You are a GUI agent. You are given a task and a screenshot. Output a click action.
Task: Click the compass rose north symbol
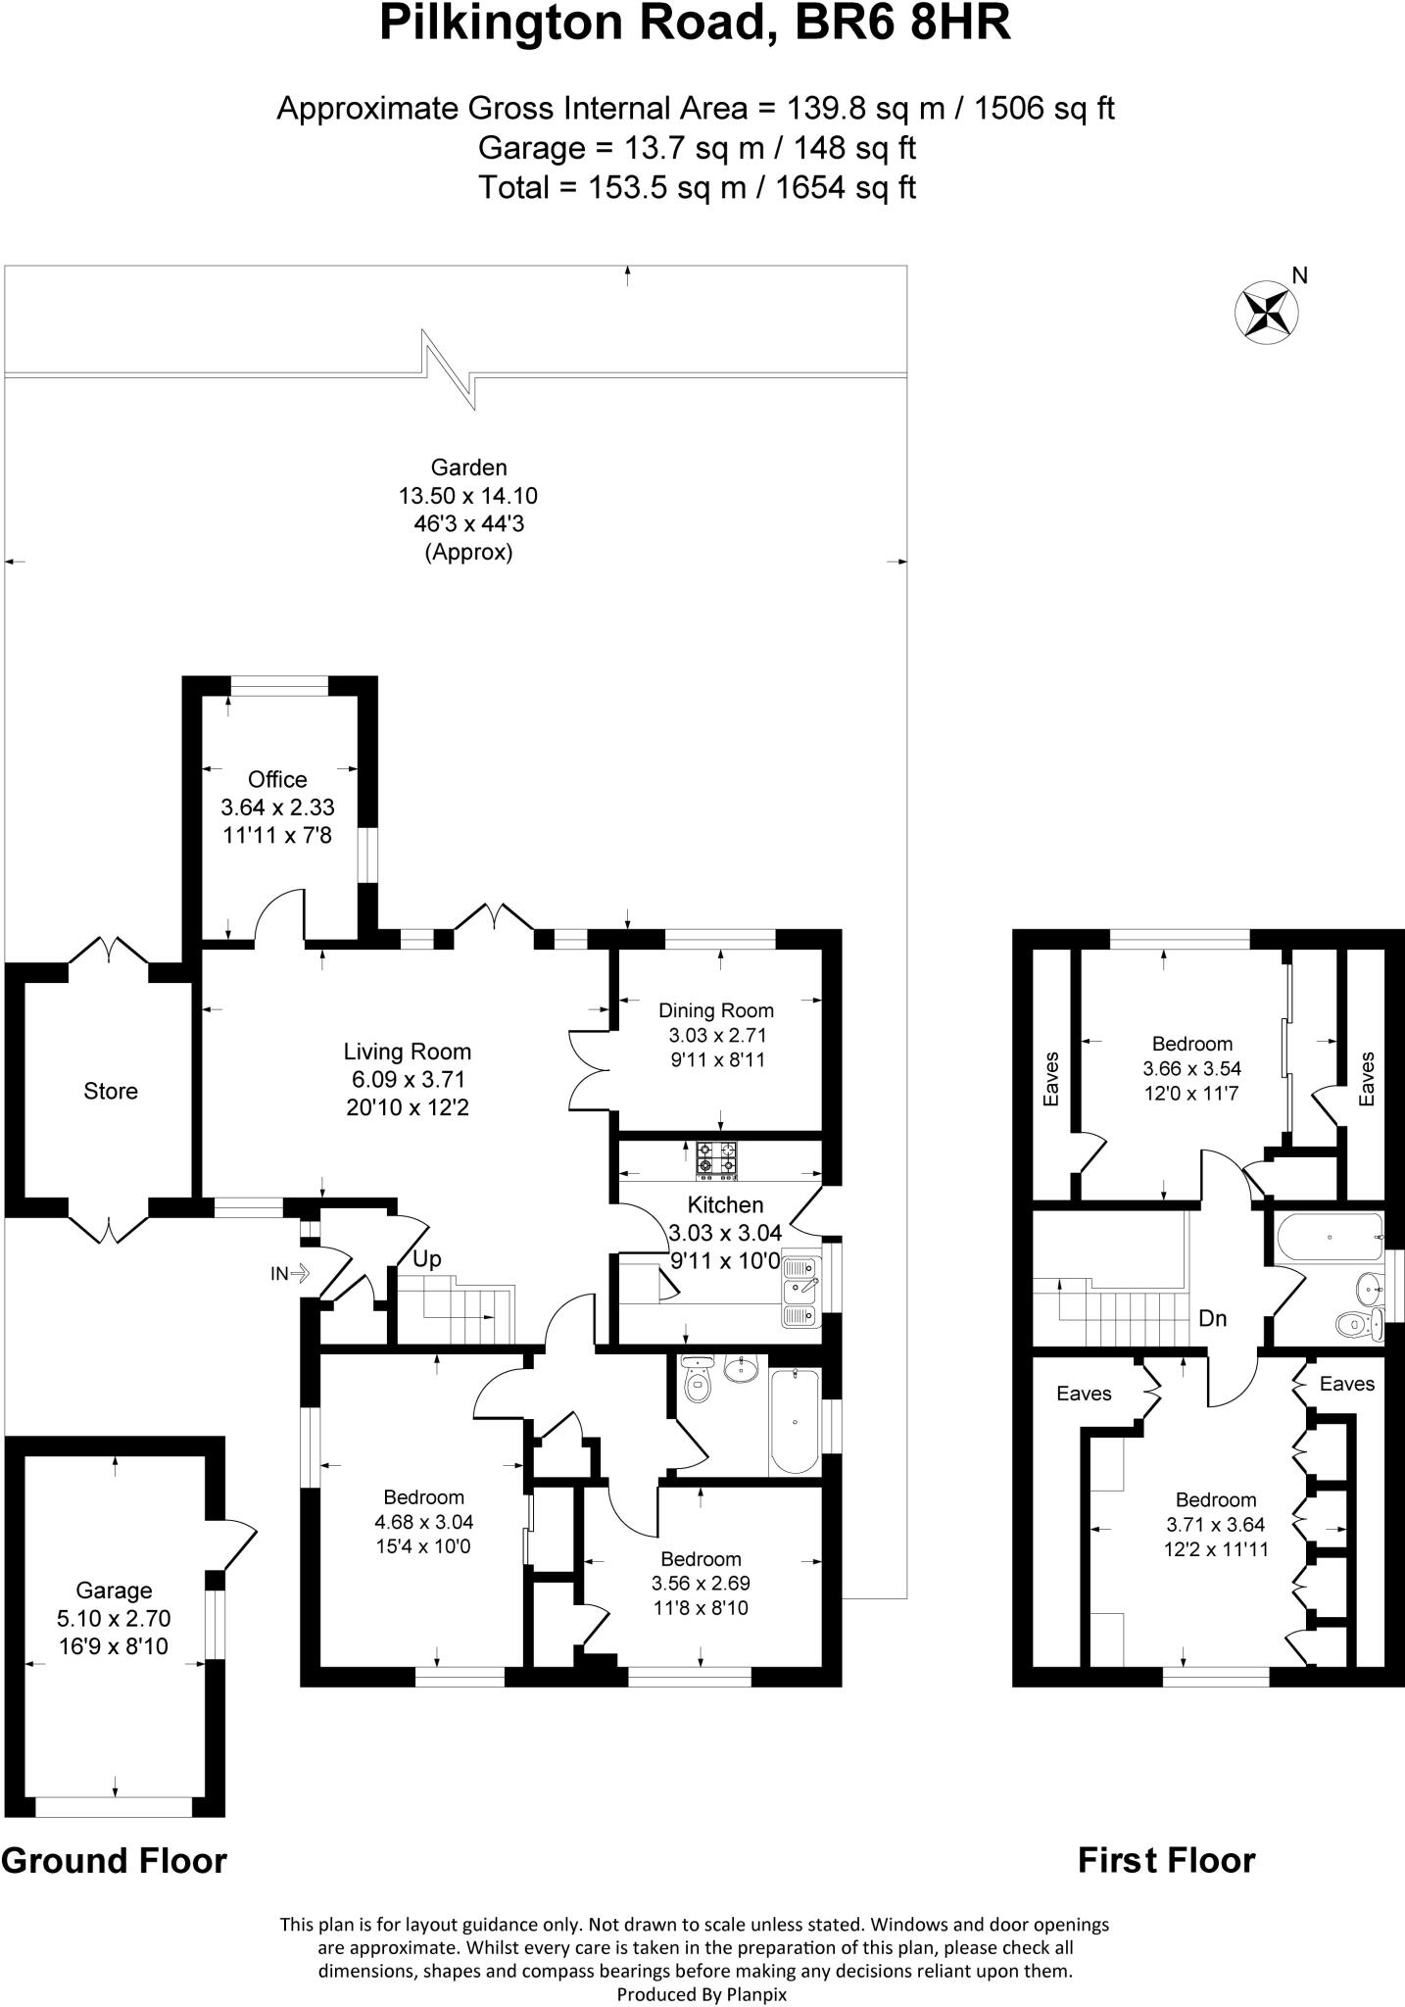[x=1267, y=311]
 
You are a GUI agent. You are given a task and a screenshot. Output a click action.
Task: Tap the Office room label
[x=277, y=779]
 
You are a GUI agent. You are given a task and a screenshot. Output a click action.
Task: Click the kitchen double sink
[x=801, y=1291]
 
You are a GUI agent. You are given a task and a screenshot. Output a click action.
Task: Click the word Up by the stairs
[x=426, y=1259]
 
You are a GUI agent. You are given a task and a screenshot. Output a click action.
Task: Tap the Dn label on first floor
[x=1213, y=1318]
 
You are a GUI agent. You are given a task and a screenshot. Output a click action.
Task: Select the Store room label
[x=111, y=1091]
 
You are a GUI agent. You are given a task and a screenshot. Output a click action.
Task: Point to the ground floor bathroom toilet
[x=698, y=1382]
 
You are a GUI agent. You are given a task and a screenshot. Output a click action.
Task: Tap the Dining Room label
[x=715, y=1010]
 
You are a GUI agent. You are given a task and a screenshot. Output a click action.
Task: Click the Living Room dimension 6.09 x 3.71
[x=407, y=1080]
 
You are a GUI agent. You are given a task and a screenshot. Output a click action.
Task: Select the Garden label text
[x=468, y=467]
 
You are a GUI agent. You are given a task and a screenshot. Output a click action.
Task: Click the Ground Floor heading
[x=114, y=1860]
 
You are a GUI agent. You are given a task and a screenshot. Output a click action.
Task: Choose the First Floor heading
[x=1166, y=1860]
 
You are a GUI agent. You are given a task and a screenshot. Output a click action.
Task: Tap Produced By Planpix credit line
[x=702, y=1993]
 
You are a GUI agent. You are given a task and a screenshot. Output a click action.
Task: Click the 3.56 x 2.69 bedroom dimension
[x=701, y=1583]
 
